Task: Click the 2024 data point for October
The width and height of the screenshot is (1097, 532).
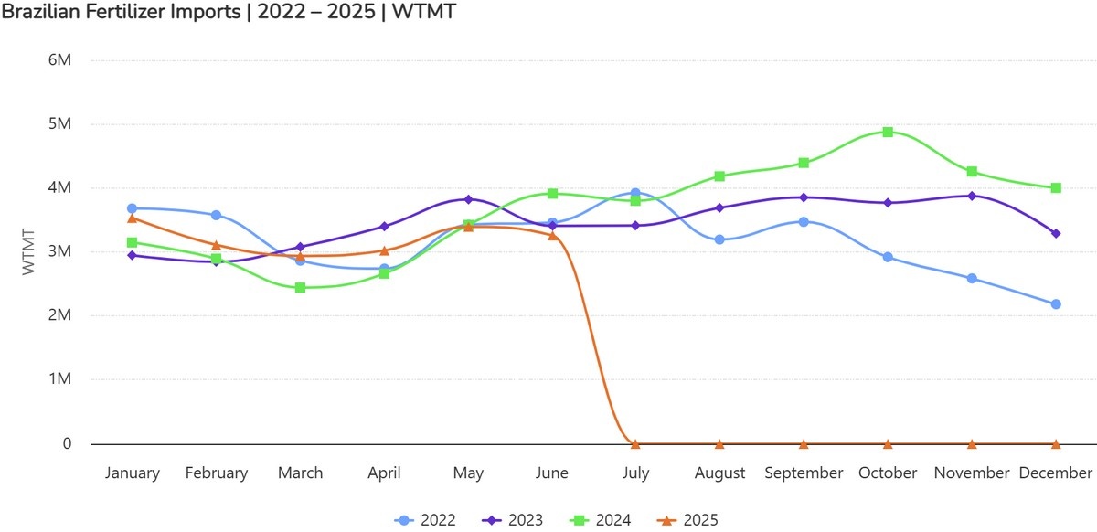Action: coord(888,132)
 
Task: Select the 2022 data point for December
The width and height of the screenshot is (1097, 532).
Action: coord(1056,304)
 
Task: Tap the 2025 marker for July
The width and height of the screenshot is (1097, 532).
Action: coord(635,443)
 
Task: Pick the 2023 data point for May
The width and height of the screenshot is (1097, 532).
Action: coord(468,199)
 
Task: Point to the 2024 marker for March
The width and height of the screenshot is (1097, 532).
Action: coord(300,287)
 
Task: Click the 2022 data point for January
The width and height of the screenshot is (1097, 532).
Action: coord(132,208)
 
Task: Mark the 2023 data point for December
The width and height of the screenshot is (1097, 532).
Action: coord(1056,234)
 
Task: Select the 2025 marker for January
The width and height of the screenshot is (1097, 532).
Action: coord(132,218)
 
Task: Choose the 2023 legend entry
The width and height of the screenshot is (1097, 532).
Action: coord(517,520)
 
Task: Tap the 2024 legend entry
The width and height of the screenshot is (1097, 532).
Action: coord(604,520)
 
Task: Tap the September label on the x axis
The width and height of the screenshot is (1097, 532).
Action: coord(804,473)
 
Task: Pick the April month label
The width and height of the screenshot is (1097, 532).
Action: coord(384,473)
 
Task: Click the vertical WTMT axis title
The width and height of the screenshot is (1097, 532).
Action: coord(28,252)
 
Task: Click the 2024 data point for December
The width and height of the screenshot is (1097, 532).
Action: coord(1056,187)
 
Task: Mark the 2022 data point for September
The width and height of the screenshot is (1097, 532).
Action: coord(804,221)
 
